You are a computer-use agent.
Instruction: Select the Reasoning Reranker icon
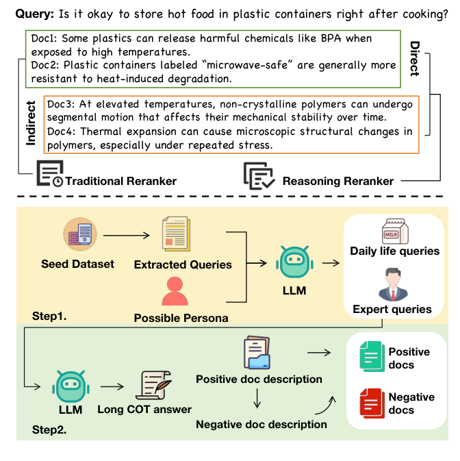[x=259, y=175]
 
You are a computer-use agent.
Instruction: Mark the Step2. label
[x=50, y=432]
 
